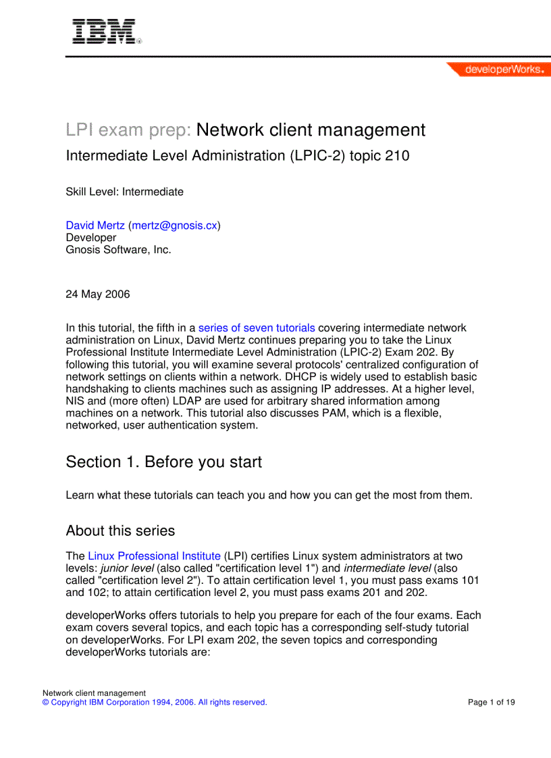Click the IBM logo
[105, 32]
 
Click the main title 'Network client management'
[311, 130]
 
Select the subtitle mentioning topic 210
[237, 156]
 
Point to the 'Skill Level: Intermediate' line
[124, 192]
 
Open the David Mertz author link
[95, 225]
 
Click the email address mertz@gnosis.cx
[174, 225]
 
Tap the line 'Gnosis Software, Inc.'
[118, 249]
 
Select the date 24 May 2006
[98, 294]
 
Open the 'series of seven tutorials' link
[257, 328]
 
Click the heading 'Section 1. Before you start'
[163, 462]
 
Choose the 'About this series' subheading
[120, 531]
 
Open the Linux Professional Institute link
[154, 556]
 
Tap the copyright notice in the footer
[155, 702]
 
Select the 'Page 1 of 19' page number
[492, 702]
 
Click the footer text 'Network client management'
[94, 693]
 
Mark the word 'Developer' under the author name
[90, 238]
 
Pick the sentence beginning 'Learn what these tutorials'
[269, 495]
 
